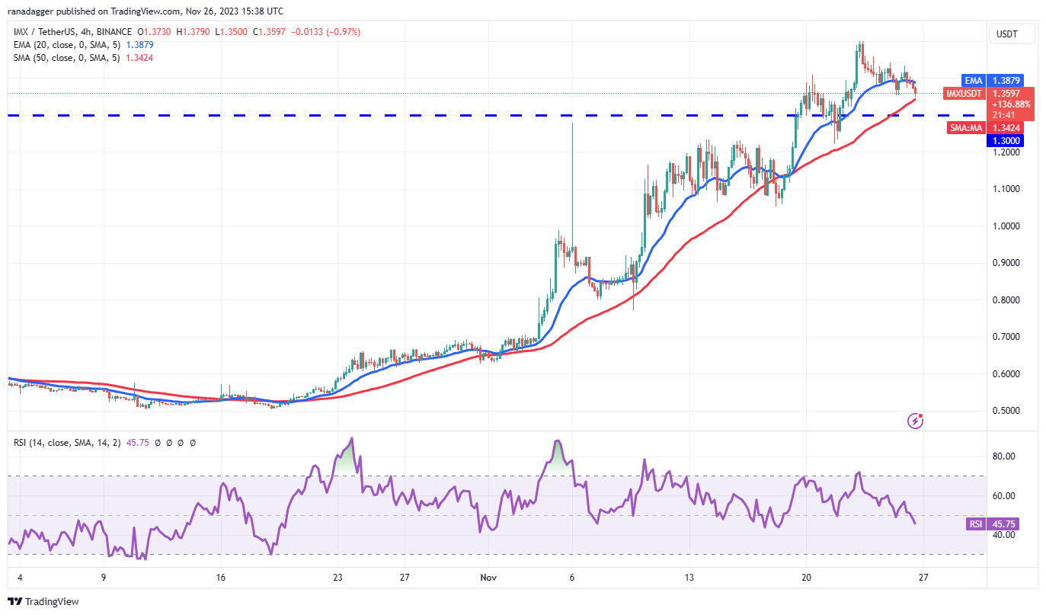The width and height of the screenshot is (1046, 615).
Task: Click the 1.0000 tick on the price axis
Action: [1006, 226]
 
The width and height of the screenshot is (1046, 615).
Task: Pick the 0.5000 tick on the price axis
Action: [1006, 411]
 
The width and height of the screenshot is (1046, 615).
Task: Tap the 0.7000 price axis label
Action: [1006, 337]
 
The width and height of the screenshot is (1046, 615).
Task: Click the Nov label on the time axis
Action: [489, 578]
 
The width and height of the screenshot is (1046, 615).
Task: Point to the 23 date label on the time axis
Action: [337, 578]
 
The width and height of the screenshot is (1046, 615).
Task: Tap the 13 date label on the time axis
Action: [689, 578]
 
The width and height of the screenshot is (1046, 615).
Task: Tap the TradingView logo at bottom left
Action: [43, 601]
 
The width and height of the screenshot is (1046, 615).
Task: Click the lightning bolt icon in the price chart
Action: [916, 421]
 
